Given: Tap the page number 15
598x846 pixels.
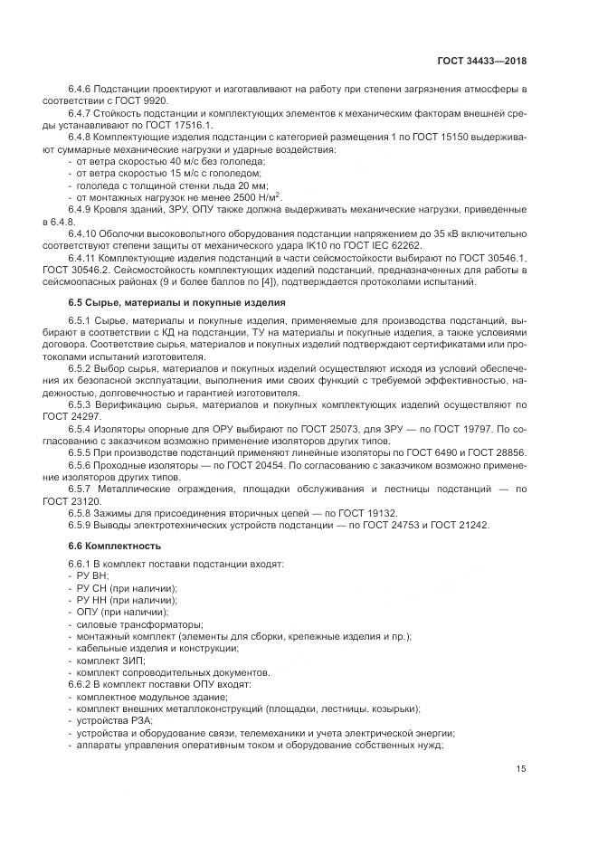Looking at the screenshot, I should [521, 769].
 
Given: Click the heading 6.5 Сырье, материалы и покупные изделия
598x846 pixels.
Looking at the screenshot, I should [177, 302].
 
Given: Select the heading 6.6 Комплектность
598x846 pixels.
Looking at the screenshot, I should [115, 546].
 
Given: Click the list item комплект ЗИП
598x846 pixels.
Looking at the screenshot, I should [110, 661].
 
